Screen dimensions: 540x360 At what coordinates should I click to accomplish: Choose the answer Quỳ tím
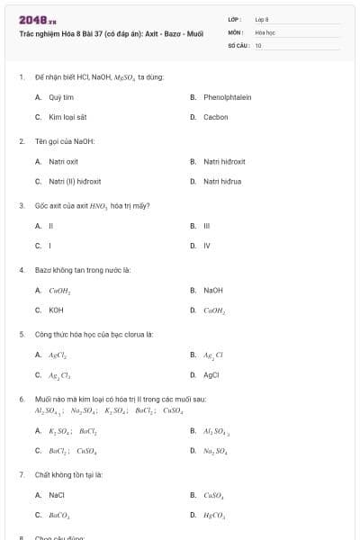pos(61,96)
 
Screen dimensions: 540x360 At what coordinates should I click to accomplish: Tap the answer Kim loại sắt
pos(67,117)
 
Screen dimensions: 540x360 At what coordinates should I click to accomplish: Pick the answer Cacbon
pos(215,117)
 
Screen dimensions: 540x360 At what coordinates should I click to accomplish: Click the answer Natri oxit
pos(63,161)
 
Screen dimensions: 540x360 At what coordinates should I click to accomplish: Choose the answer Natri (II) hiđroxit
pos(75,181)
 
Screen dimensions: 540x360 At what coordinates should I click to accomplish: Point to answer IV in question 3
pos(207,245)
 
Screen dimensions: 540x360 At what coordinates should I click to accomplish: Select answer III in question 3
pos(206,225)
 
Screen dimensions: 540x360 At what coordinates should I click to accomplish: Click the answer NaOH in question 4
pos(213,290)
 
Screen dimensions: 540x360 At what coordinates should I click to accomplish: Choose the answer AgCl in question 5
pos(211,374)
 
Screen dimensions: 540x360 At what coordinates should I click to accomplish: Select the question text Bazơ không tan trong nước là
pos(83,269)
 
